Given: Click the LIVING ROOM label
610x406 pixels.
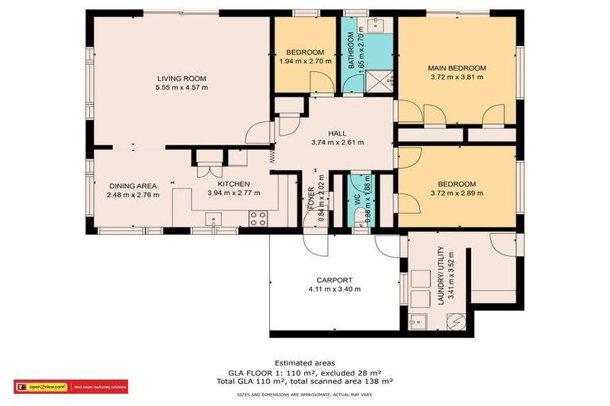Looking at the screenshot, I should coord(181,78).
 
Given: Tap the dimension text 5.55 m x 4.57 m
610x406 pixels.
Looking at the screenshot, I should coord(181,87).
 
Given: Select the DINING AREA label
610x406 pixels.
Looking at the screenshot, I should coord(133,186).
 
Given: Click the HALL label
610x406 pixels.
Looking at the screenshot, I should coord(337,133).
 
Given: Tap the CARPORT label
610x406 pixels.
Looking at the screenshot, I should coord(334,280).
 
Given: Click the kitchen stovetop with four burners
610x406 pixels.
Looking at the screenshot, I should coord(259,215).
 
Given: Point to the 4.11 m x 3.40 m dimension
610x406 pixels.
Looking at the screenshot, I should coord(334,289).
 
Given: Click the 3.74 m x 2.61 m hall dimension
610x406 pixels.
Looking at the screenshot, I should coord(337,143).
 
